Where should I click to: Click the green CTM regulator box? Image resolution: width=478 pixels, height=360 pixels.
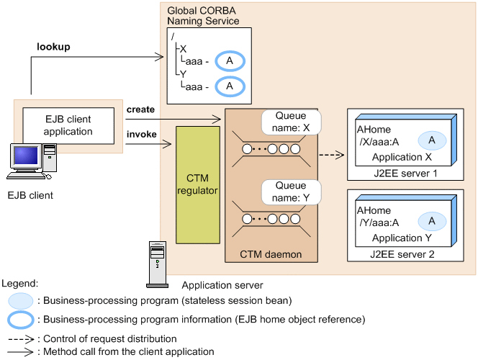tap(197, 184)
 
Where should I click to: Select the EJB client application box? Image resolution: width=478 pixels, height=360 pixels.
tap(68, 126)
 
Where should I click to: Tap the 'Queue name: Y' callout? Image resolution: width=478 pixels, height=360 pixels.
tap(292, 192)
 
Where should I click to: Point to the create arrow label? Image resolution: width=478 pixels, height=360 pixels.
tap(140, 109)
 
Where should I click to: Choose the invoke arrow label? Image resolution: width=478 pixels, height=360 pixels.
tap(141, 134)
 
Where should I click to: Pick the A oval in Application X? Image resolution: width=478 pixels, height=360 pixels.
tap(431, 140)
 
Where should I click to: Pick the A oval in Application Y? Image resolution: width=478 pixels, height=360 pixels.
tap(431, 221)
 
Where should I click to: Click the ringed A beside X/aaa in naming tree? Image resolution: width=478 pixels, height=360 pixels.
tap(230, 61)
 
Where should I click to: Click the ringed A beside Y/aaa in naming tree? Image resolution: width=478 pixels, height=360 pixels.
tap(230, 86)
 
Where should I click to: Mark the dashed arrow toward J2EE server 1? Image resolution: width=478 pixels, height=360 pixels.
tap(330, 154)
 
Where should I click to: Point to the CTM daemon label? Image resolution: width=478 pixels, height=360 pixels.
tap(271, 254)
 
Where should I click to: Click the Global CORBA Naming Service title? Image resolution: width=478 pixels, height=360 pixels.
tap(203, 17)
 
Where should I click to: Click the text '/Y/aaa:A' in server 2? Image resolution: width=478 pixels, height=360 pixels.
tap(379, 222)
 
